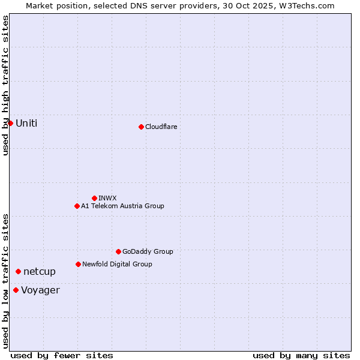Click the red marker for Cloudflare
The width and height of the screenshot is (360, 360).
(x=141, y=127)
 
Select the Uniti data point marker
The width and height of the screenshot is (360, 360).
(x=10, y=123)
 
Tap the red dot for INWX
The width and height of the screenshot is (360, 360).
(x=94, y=198)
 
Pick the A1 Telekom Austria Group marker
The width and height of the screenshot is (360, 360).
(x=77, y=206)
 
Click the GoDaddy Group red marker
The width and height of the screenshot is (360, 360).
(x=118, y=251)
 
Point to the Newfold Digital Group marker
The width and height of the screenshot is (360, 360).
(x=78, y=264)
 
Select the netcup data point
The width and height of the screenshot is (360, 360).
(x=18, y=272)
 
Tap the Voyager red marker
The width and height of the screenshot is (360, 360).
(x=16, y=290)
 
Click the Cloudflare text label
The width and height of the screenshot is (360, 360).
(x=161, y=127)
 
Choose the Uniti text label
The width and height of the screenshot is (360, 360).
(x=26, y=123)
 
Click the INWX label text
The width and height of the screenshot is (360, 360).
(x=107, y=198)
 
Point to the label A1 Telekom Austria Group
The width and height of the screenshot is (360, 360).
(x=122, y=206)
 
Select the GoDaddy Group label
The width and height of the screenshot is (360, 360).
(x=148, y=251)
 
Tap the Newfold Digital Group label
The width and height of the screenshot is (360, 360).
(x=117, y=264)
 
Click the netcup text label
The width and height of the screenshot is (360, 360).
(x=40, y=272)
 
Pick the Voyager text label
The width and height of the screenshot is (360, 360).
(x=40, y=290)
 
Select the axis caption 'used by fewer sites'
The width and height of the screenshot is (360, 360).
(x=62, y=355)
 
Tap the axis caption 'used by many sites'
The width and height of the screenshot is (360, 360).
(x=301, y=355)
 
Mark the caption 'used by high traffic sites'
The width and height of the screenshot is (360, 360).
(x=5, y=85)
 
